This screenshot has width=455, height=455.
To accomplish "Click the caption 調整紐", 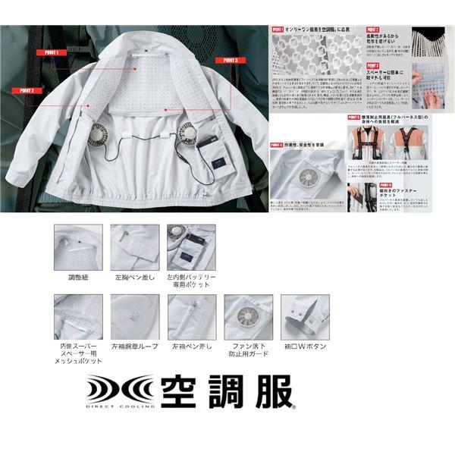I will click(78, 278).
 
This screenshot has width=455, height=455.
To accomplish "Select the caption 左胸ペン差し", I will click(135, 278).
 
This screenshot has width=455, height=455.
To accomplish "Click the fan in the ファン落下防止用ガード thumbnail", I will click(247, 318).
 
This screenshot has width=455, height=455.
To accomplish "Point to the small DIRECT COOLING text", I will click(118, 407).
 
